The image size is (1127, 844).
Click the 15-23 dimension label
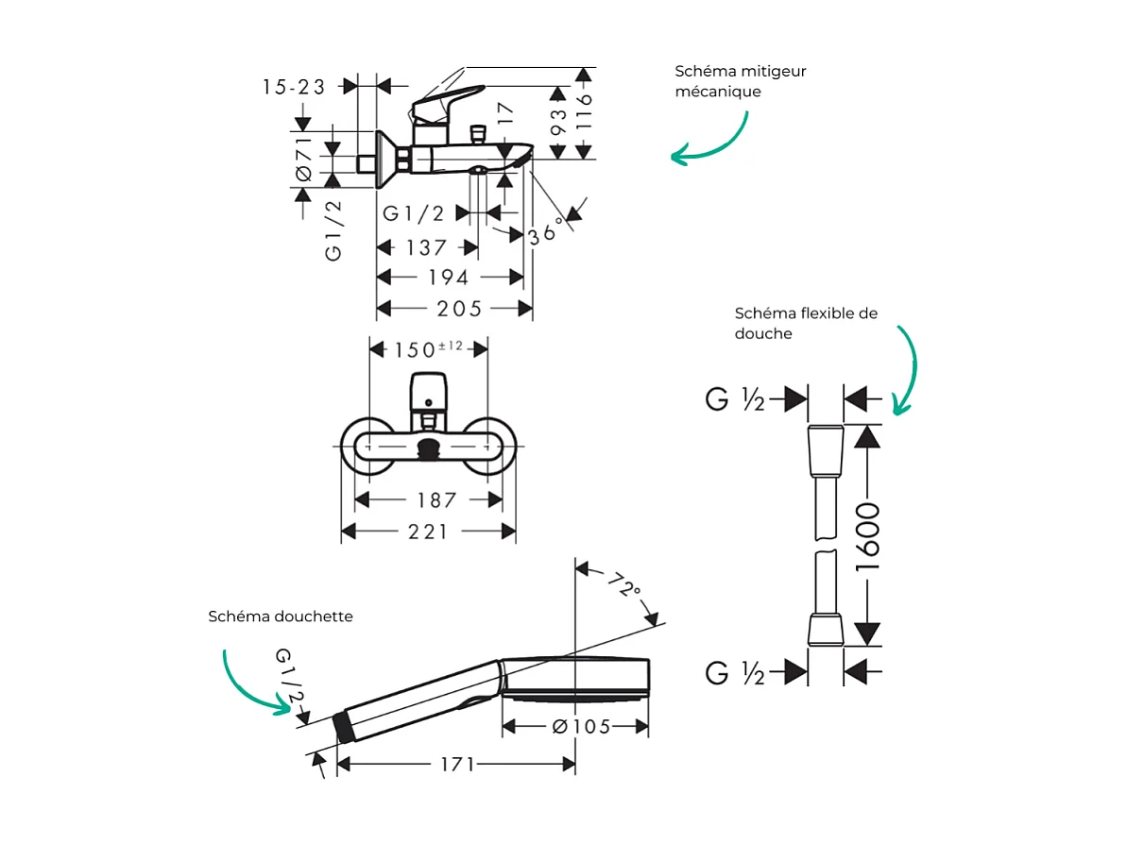[294, 87]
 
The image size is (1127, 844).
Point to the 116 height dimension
[584, 111]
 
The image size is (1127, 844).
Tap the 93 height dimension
[558, 121]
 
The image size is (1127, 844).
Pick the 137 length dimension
[426, 247]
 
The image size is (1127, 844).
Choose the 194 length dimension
[449, 278]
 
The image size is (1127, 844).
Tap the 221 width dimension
[428, 532]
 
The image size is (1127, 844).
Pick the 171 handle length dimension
[456, 764]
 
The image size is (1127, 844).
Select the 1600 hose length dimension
[866, 535]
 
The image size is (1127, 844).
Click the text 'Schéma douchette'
[281, 616]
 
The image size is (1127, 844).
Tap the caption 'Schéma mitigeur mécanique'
[740, 81]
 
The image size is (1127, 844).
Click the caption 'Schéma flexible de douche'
[805, 323]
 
